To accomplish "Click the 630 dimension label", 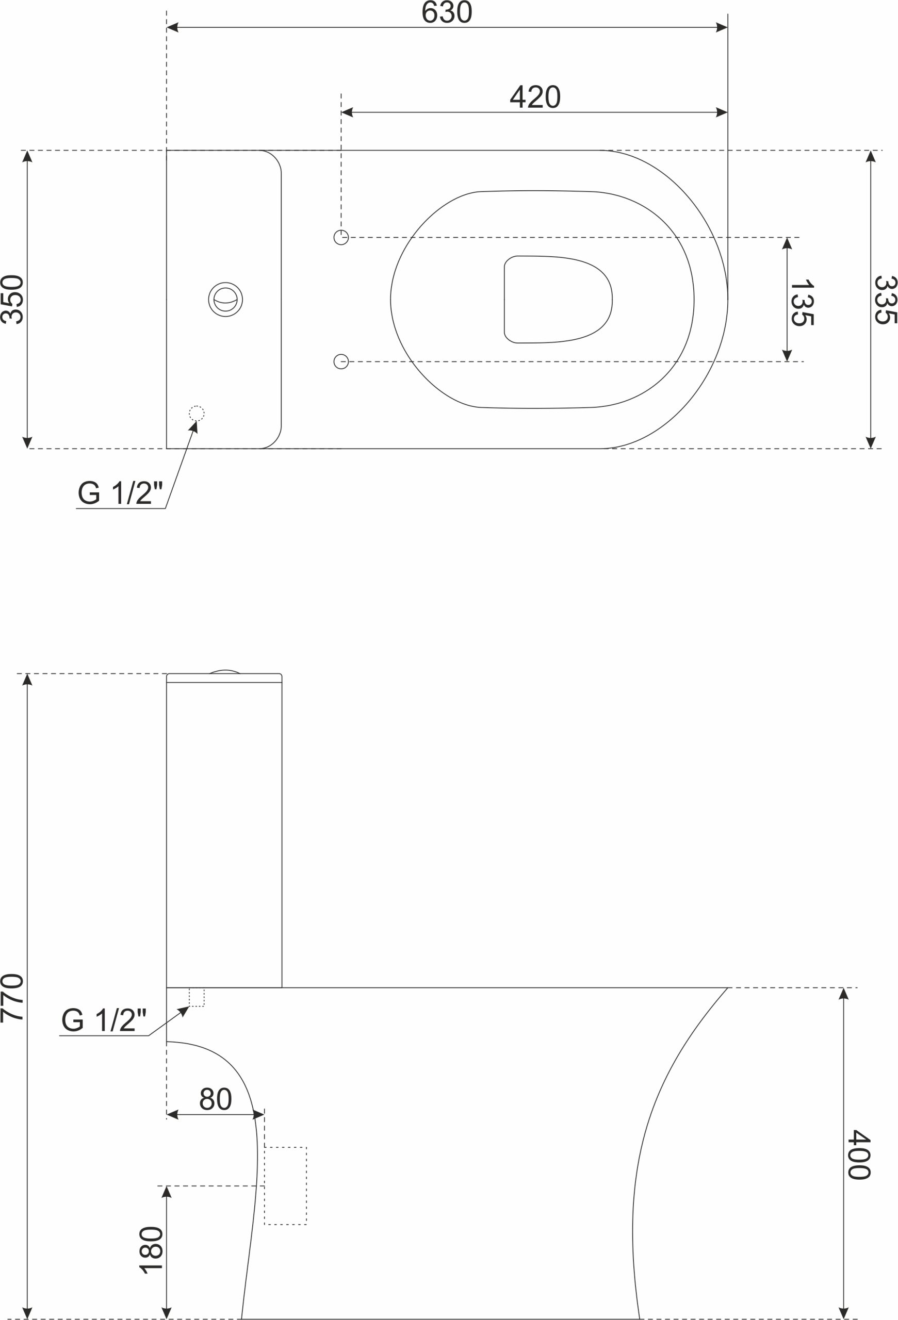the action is click(x=447, y=12).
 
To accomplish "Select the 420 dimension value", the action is click(x=535, y=96).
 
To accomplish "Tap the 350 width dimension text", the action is click(x=11, y=300).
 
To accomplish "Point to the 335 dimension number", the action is click(x=886, y=300).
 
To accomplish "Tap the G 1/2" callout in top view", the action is click(x=120, y=492).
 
